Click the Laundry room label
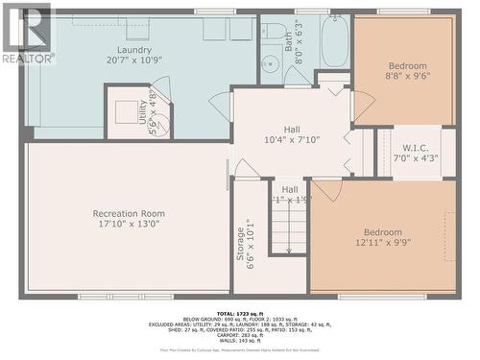click(x=134, y=50)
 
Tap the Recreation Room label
click(x=129, y=213)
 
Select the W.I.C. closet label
click(x=415, y=147)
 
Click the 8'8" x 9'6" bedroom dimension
click(x=405, y=77)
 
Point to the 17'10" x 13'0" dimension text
click(x=129, y=225)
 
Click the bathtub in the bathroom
click(x=336, y=42)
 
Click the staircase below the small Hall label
click(x=288, y=230)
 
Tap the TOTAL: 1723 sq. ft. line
click(x=240, y=314)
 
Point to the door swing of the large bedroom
click(x=326, y=189)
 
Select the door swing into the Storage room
click(x=247, y=170)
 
